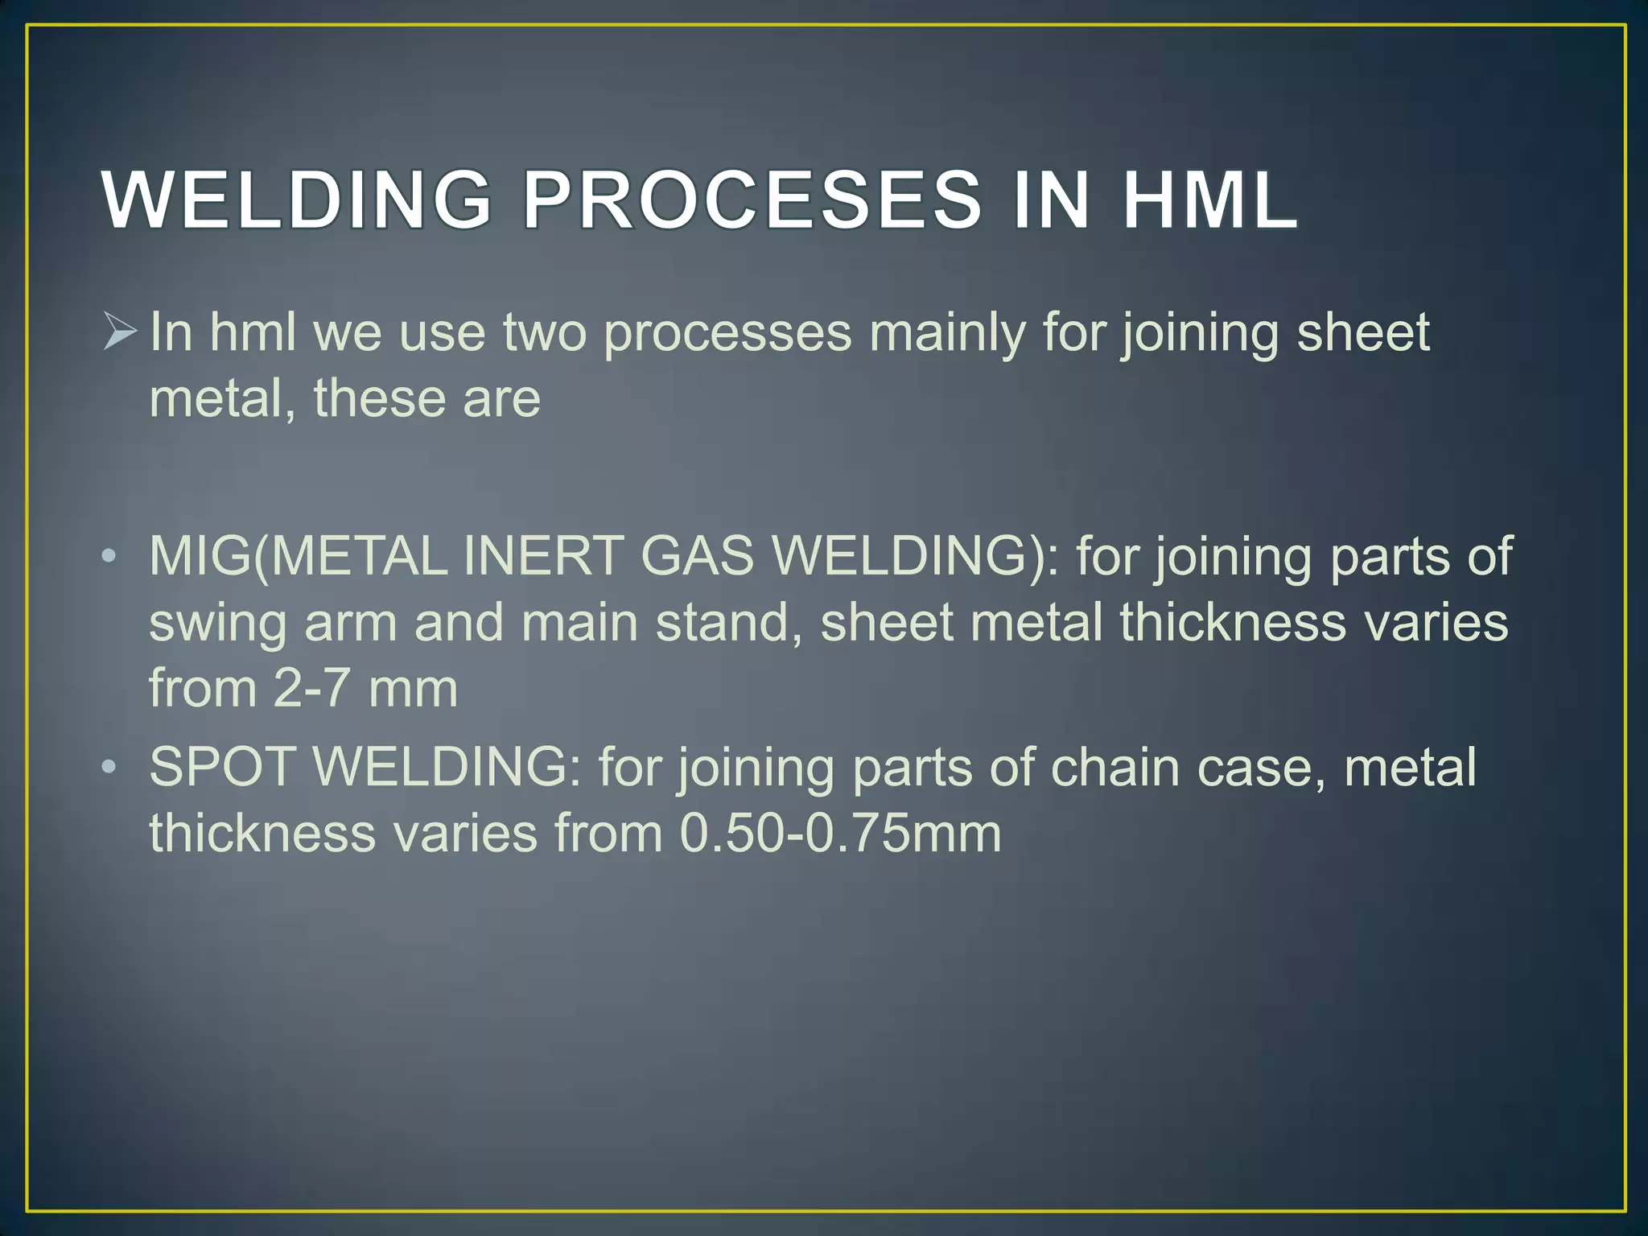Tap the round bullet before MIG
[x=109, y=557]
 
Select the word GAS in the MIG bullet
[x=697, y=557]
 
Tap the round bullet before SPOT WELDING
[x=109, y=767]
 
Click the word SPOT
[x=222, y=767]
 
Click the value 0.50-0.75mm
[x=840, y=833]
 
